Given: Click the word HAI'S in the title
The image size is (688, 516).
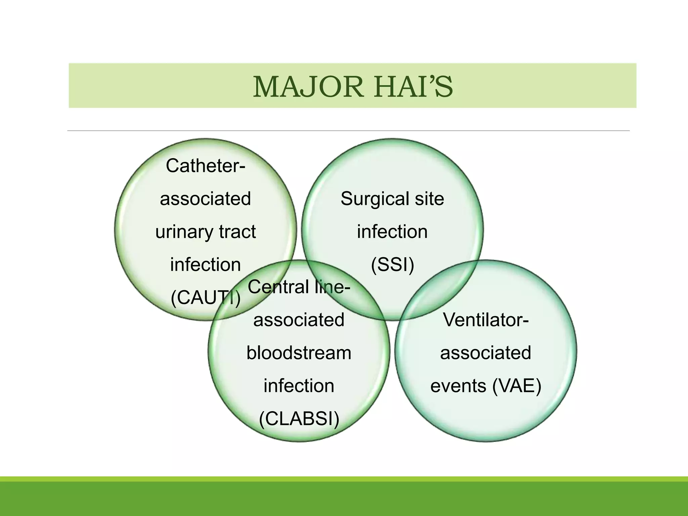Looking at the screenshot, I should click(x=414, y=87).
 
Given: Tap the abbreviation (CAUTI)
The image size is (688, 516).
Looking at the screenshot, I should click(x=206, y=297).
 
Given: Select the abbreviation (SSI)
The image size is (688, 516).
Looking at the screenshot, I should click(x=392, y=264).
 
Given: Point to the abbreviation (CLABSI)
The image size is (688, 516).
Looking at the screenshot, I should click(x=299, y=419).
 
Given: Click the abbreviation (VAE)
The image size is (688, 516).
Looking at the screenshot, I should click(x=517, y=386).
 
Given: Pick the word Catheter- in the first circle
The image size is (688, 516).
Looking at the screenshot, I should click(x=206, y=166).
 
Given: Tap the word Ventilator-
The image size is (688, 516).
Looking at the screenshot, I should click(x=486, y=319).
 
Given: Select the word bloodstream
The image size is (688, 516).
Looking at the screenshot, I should click(x=299, y=353).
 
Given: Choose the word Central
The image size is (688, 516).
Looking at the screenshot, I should click(x=278, y=287).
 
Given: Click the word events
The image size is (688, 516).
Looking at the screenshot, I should click(x=458, y=386).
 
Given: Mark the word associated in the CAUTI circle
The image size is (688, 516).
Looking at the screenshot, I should click(x=206, y=199).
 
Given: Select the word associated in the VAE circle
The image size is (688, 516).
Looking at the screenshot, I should click(x=486, y=353).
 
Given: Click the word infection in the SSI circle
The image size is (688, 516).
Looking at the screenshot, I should click(x=392, y=232).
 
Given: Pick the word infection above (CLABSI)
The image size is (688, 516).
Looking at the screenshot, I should click(x=299, y=386).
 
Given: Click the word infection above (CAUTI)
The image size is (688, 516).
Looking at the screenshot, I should click(x=206, y=265).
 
